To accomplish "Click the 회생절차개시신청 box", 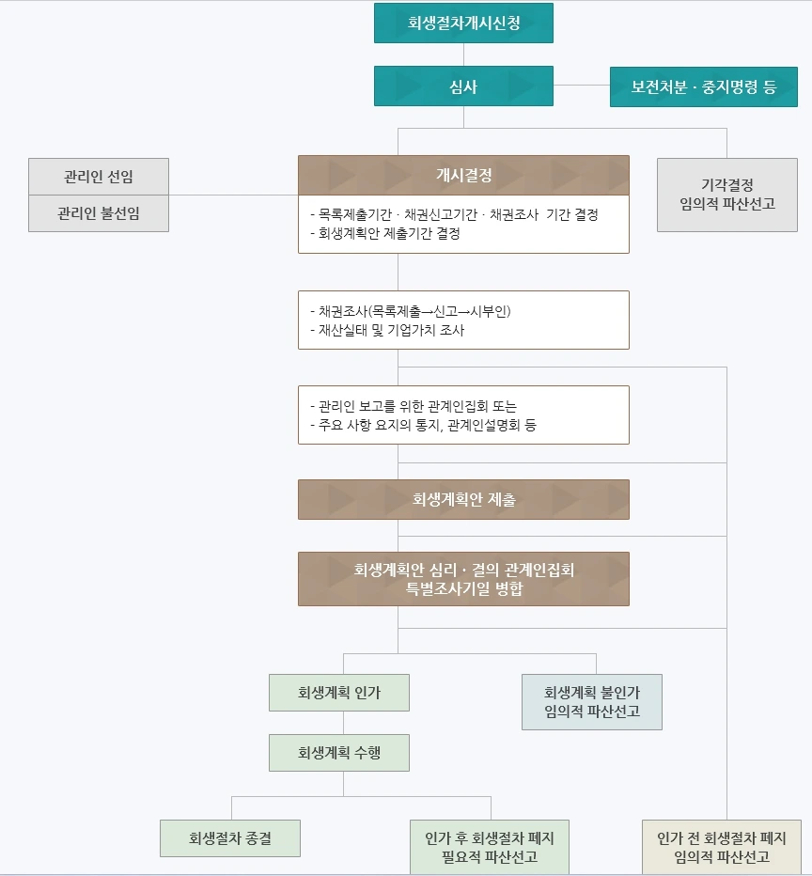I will point(463,23).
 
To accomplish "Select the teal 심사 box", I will point(463,86).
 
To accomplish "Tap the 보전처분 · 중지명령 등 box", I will point(704,86).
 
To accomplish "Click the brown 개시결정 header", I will point(463,175).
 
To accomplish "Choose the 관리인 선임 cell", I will point(99,177).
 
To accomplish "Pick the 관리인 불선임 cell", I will point(99,213).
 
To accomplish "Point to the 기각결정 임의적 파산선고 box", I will point(726,195).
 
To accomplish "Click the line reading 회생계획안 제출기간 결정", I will point(384,234).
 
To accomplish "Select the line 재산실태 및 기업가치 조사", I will point(386,331).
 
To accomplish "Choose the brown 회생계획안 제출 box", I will point(463,500).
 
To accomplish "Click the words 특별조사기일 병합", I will point(463,589).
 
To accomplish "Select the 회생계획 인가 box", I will point(339,693).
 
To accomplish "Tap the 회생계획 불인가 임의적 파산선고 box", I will point(592,702).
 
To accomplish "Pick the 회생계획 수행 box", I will point(339,753).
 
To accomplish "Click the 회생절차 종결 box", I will point(230,838).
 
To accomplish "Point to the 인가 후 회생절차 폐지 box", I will point(490,847).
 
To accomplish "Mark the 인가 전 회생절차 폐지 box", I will point(722,847).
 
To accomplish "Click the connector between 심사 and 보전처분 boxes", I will point(581,86).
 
